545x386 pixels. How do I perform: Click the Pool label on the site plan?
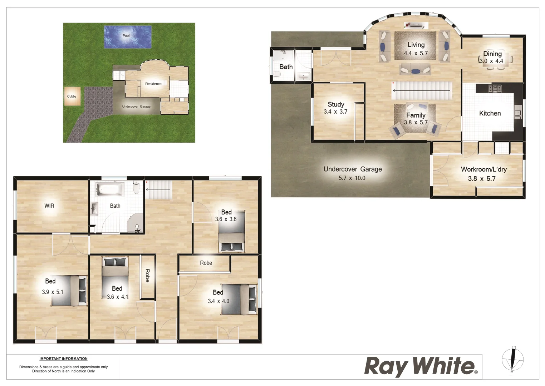(126, 36)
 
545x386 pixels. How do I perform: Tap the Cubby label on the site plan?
(72, 96)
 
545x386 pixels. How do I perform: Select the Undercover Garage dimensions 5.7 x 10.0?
(352, 178)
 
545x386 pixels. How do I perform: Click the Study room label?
(336, 104)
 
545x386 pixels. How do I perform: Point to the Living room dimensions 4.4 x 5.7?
(416, 53)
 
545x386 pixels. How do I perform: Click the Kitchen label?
(490, 113)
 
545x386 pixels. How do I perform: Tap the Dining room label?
(492, 54)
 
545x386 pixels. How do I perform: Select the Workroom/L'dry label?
(483, 169)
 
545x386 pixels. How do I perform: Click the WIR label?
(49, 206)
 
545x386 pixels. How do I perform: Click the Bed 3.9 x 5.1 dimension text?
(53, 292)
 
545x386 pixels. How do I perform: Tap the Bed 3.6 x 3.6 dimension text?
(226, 219)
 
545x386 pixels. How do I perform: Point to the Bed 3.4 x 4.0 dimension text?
(219, 301)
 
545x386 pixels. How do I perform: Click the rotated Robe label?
(147, 276)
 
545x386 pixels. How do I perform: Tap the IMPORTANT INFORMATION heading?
(63, 359)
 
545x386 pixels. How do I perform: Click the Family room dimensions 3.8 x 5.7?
(416, 122)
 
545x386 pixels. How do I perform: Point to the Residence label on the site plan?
(153, 84)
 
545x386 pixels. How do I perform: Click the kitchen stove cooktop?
(495, 88)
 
